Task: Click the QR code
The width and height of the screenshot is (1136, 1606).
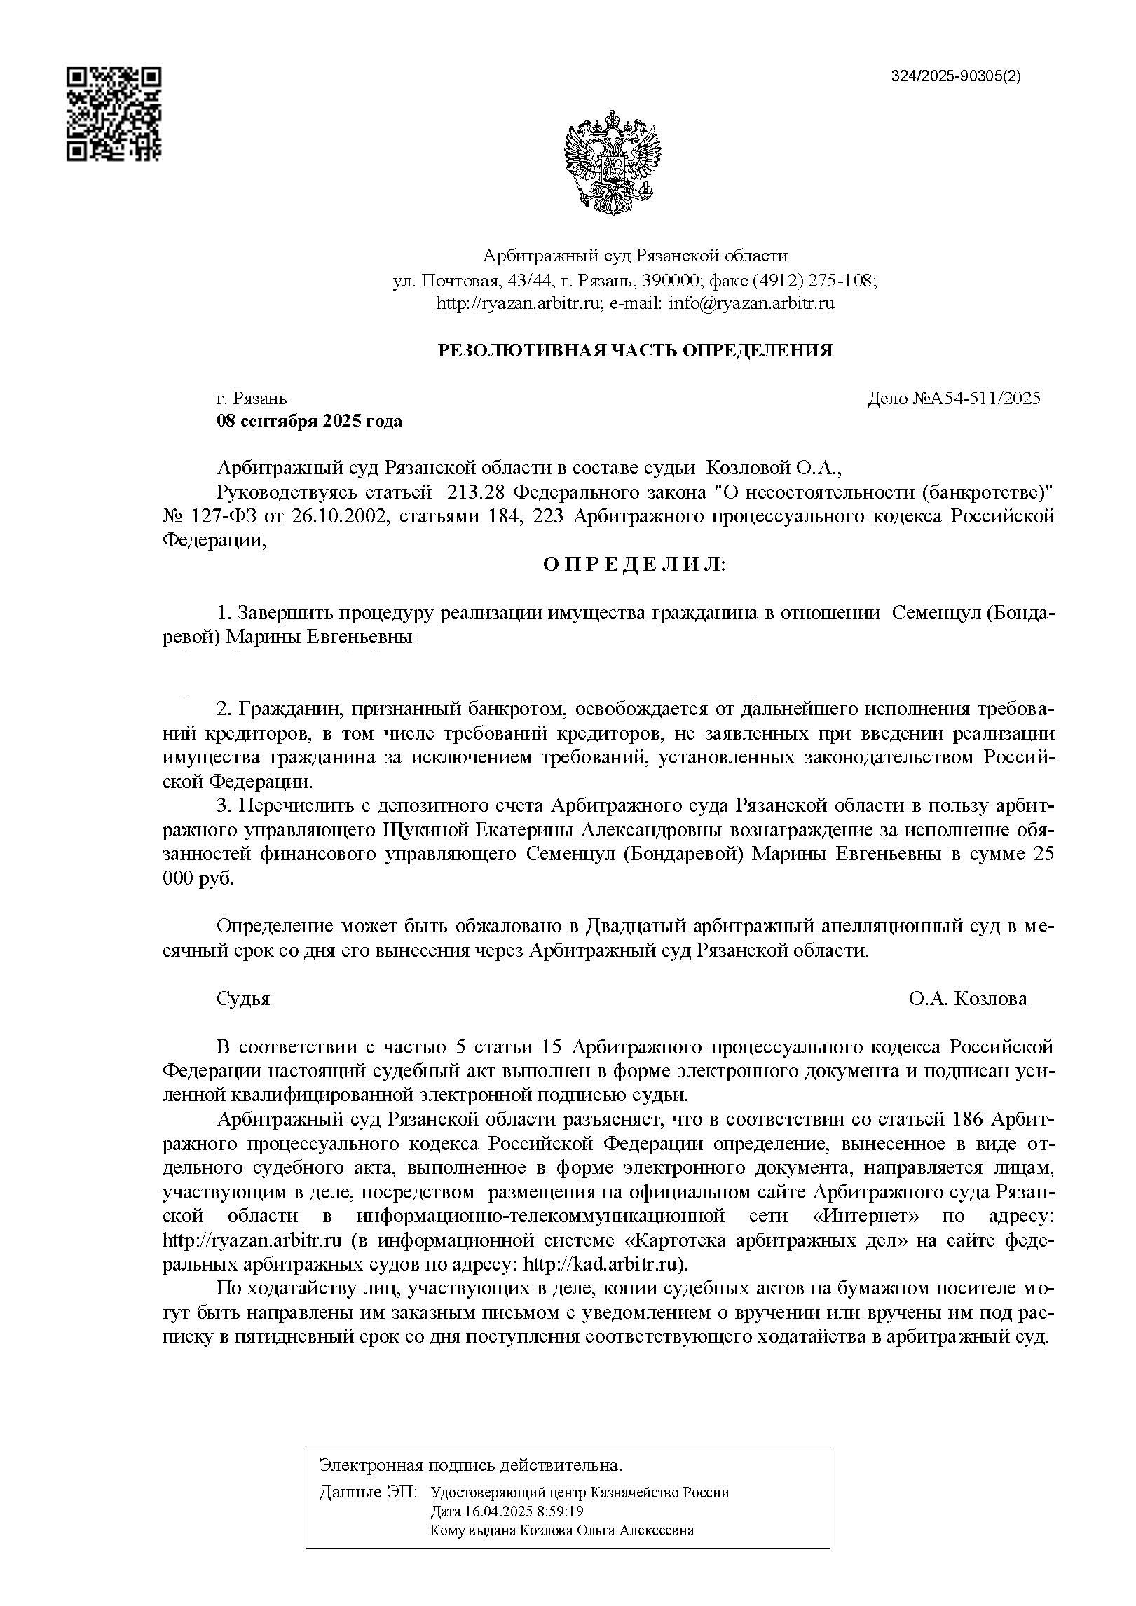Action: (114, 114)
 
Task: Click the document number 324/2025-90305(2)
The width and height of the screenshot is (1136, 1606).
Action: (956, 77)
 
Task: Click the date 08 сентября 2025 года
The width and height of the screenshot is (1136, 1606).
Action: (309, 421)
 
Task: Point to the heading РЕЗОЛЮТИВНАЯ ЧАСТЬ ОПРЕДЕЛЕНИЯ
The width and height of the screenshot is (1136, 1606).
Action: (635, 350)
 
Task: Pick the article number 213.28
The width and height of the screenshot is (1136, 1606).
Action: (475, 492)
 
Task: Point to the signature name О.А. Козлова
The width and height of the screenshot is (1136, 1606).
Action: (968, 998)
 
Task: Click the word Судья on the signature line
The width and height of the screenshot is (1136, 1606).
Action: (243, 998)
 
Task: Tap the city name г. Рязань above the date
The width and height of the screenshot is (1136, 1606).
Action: (252, 399)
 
